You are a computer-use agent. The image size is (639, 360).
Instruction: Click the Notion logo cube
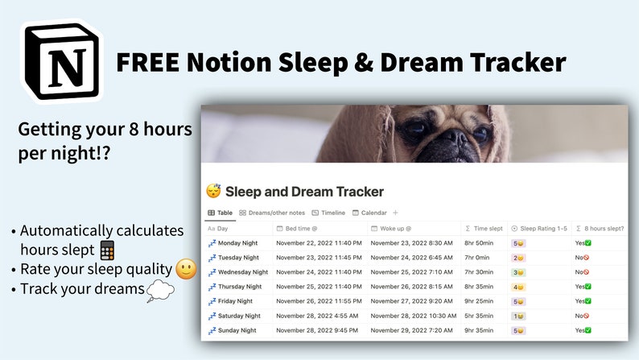click(62, 61)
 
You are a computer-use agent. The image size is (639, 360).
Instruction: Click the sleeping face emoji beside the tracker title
click(213, 192)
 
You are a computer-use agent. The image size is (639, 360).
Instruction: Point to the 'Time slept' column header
click(486, 229)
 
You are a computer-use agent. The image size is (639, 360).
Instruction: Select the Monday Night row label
click(238, 242)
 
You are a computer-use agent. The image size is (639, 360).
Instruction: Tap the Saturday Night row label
click(239, 316)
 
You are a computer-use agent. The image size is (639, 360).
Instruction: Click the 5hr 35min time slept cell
click(480, 316)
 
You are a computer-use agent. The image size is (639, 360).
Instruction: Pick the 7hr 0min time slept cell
click(478, 258)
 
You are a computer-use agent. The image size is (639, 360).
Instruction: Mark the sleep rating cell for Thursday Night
click(520, 287)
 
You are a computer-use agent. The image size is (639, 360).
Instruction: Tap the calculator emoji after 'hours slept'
click(107, 250)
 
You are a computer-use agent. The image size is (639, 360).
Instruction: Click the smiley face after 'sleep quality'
click(186, 269)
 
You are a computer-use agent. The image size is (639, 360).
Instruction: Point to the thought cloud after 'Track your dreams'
click(160, 291)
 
